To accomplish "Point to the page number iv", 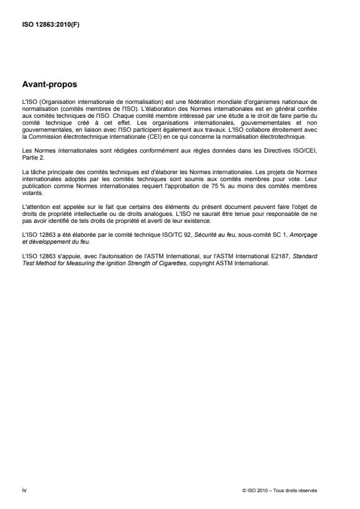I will point(23,490).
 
